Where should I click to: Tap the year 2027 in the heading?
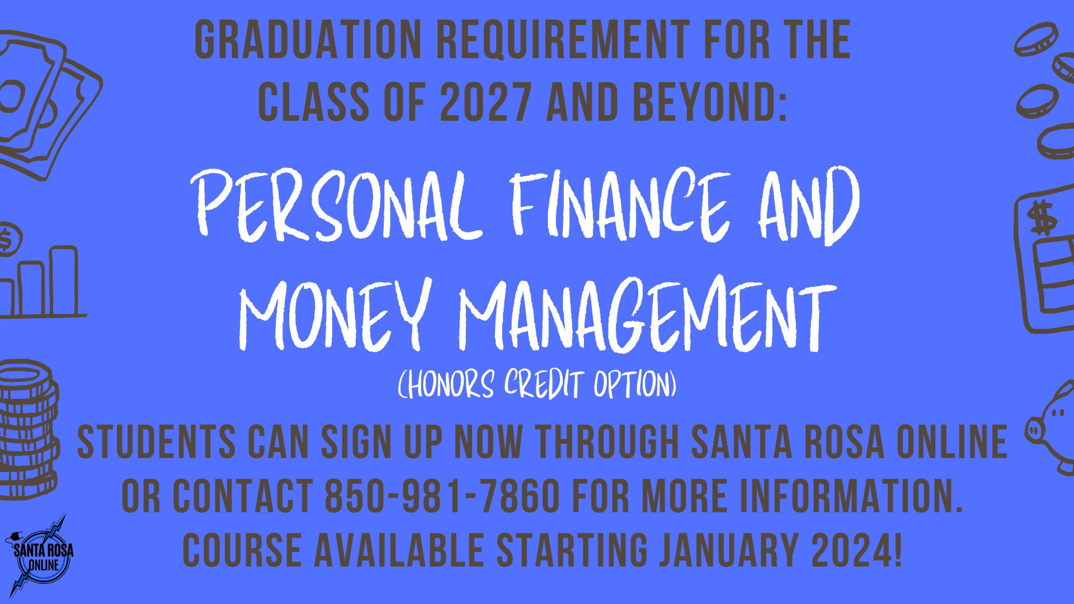(486, 102)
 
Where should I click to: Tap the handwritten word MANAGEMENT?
(648, 314)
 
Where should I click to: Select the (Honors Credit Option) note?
(537, 384)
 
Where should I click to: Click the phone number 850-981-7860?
(442, 496)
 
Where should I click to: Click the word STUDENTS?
(156, 442)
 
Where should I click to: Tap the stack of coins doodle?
(28, 430)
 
